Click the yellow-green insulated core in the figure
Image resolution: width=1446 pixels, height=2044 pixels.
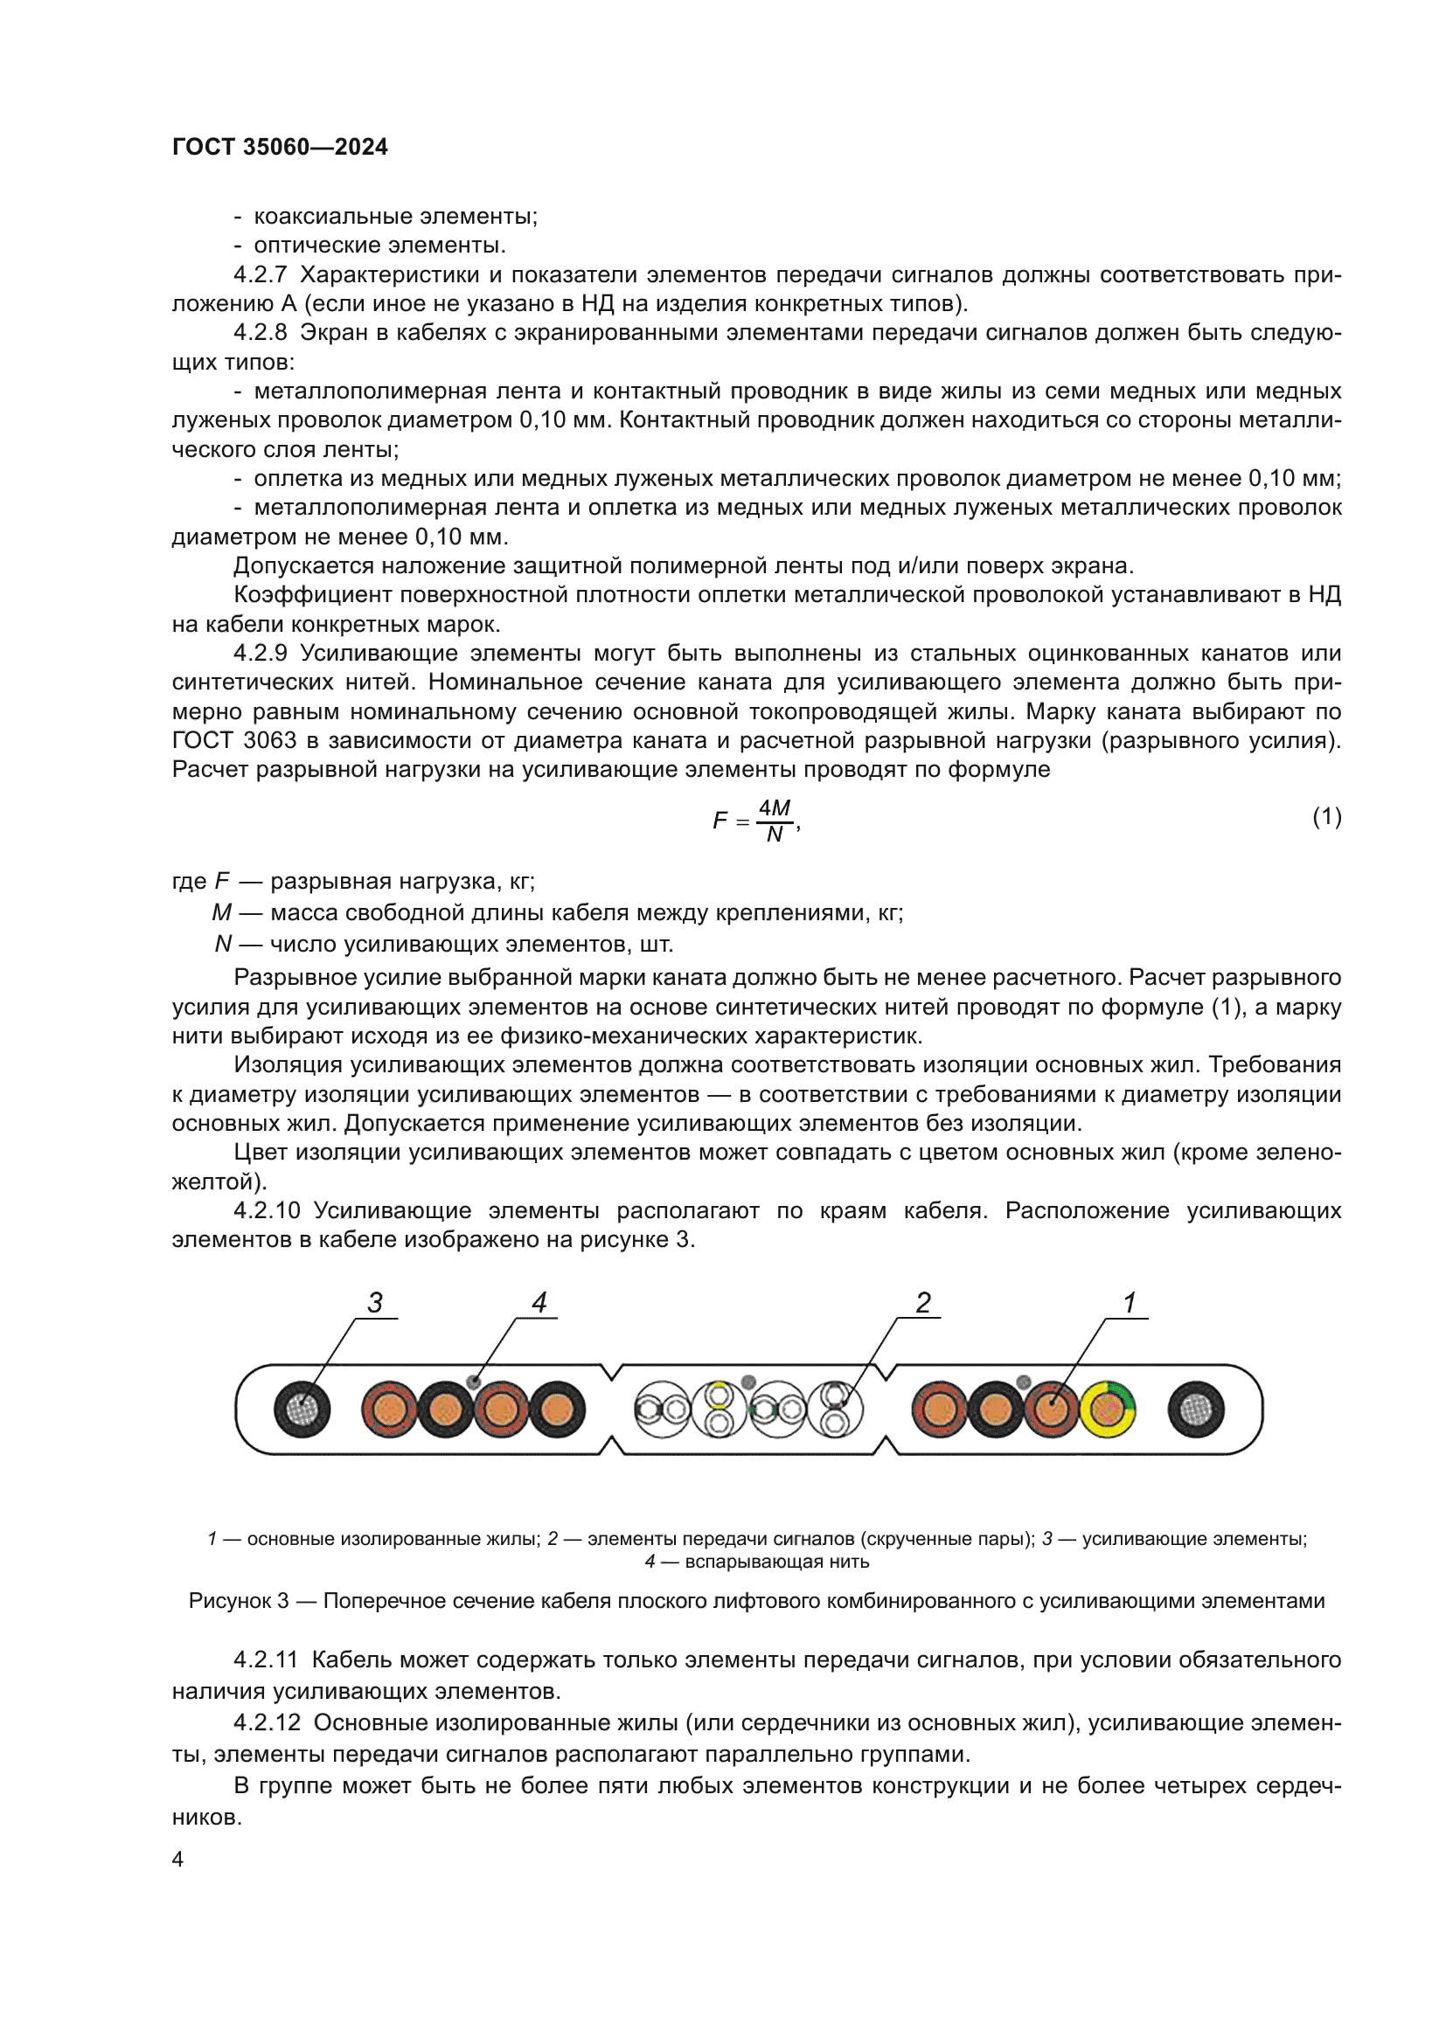point(1107,1410)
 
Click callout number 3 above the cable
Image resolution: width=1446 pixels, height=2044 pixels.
point(375,1302)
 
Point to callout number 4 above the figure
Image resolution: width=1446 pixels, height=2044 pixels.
point(539,1302)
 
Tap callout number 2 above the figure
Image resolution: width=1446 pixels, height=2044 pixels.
point(923,1302)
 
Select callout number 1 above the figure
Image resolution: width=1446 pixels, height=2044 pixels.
point(1129,1302)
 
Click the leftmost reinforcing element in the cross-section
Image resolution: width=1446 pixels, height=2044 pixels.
point(302,1410)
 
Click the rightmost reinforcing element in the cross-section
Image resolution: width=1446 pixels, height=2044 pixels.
point(1196,1410)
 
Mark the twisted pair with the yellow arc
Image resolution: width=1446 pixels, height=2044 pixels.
point(720,1409)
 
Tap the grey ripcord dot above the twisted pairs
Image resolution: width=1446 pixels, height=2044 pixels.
point(749,1382)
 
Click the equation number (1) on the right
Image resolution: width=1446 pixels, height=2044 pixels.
point(1326,816)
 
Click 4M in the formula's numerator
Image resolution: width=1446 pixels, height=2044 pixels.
point(774,807)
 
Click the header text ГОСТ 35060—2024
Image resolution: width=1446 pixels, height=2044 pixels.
point(280,147)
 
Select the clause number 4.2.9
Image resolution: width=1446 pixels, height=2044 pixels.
point(260,653)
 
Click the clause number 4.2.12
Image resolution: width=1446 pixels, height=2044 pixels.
point(267,1722)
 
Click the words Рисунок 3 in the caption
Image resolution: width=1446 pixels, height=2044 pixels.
point(238,1601)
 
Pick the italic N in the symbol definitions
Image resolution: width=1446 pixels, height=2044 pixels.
point(223,944)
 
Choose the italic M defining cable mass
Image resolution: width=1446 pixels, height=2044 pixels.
point(221,912)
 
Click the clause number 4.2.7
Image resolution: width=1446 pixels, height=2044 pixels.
point(260,274)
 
